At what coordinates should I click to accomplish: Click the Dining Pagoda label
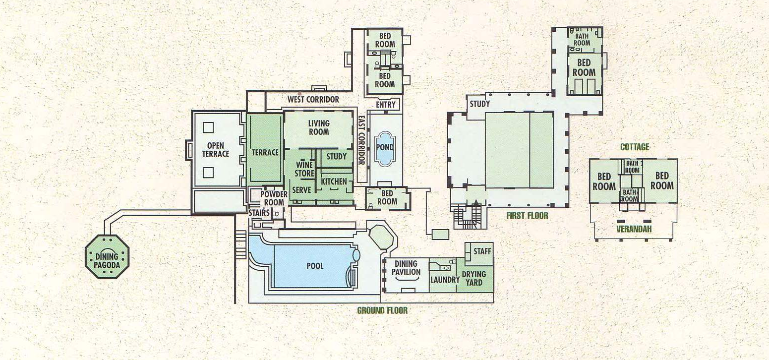pyautogui.click(x=107, y=261)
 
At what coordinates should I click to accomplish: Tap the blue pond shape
pyautogui.click(x=385, y=149)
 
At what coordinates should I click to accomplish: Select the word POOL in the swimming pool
pyautogui.click(x=315, y=266)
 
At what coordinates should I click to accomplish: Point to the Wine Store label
pyautogui.click(x=304, y=169)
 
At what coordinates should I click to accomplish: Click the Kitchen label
pyautogui.click(x=334, y=181)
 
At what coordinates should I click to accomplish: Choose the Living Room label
pyautogui.click(x=319, y=127)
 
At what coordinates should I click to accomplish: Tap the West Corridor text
pyautogui.click(x=313, y=100)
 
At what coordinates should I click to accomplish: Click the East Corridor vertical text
pyautogui.click(x=361, y=140)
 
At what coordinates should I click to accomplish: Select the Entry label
pyautogui.click(x=386, y=105)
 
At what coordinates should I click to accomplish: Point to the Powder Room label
pyautogui.click(x=274, y=198)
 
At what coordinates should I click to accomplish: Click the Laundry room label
pyautogui.click(x=445, y=280)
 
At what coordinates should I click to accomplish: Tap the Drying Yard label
pyautogui.click(x=474, y=278)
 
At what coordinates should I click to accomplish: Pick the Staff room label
pyautogui.click(x=482, y=251)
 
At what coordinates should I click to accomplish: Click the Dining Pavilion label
pyautogui.click(x=406, y=268)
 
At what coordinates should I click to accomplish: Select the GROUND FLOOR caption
pyautogui.click(x=382, y=310)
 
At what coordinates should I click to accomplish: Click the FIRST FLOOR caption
pyautogui.click(x=527, y=216)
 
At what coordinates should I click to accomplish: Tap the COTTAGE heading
pyautogui.click(x=635, y=147)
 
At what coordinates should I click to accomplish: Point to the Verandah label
pyautogui.click(x=634, y=229)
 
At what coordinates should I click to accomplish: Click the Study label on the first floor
pyautogui.click(x=479, y=104)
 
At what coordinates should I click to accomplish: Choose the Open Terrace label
pyautogui.click(x=215, y=150)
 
